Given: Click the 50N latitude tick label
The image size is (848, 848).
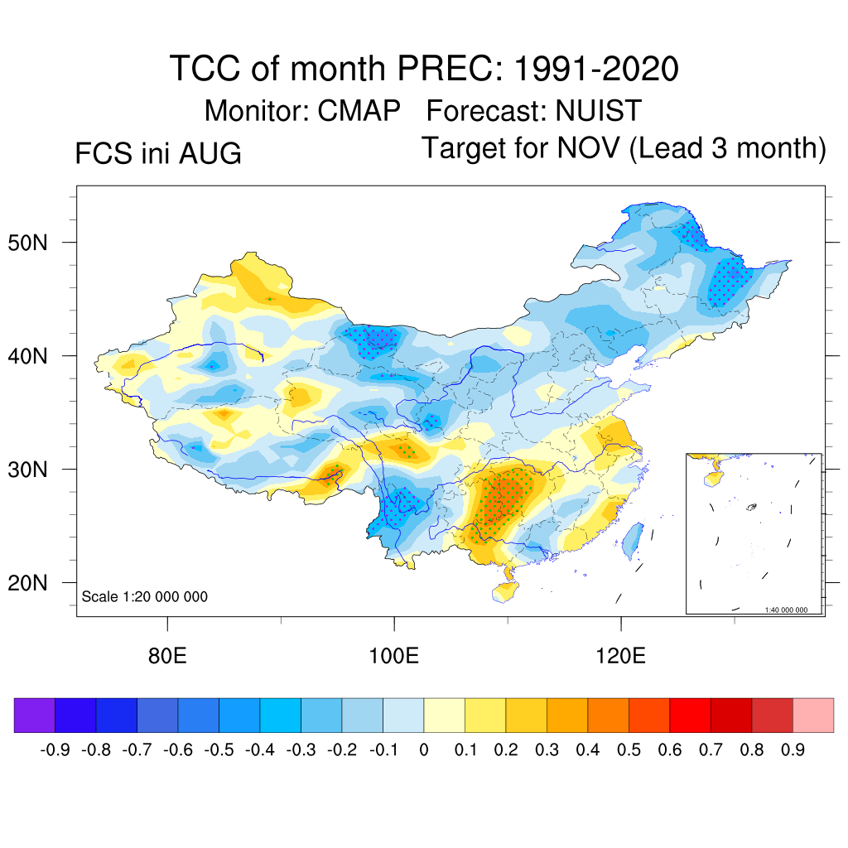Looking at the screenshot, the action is coord(27,243).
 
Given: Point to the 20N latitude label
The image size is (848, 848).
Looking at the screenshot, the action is coord(27,583).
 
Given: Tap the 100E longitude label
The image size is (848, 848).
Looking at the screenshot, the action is coord(393,656).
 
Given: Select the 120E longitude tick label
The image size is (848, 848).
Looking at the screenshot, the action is coord(620,656).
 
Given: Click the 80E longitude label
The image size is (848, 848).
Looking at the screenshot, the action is coord(167,656).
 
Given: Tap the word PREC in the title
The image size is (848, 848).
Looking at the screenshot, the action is coord(445,69).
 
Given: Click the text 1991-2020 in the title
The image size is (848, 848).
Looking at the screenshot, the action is coord(595,69).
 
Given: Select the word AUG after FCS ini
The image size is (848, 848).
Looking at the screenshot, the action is coord(210,153).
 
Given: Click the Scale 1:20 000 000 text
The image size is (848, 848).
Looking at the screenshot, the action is coord(144,596).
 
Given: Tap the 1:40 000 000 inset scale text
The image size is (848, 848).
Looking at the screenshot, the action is coord(786,610).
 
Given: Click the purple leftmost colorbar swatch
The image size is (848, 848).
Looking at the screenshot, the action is coord(35,715).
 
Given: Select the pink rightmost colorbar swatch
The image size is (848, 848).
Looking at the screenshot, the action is coord(813,715).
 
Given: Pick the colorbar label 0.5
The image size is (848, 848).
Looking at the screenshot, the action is coord(629,749).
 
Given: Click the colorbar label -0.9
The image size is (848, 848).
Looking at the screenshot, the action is coord(55,749).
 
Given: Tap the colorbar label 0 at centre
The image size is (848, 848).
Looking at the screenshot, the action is coord(424,749).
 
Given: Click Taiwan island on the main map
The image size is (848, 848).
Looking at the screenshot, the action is coord(633,541).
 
